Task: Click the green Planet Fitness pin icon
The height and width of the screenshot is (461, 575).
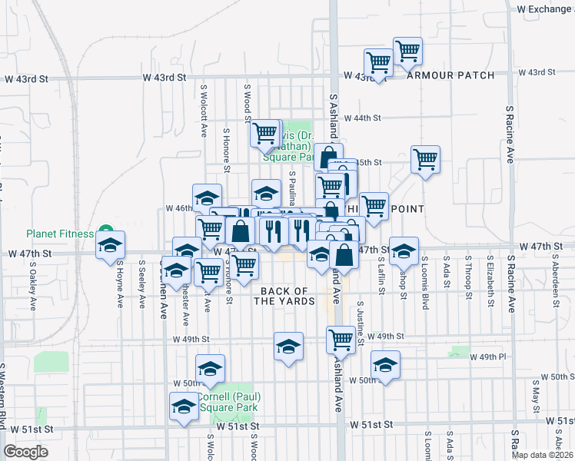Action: coord(108,233)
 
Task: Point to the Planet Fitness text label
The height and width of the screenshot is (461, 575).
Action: coord(59,234)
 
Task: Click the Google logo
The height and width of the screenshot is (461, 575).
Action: coord(25,452)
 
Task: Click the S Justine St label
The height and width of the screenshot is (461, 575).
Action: coord(360,323)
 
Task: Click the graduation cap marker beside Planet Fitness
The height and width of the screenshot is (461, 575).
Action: coord(110,245)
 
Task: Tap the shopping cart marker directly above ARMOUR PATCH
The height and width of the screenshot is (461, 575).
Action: coord(407,51)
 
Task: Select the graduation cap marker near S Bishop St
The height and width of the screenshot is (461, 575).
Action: coord(404,250)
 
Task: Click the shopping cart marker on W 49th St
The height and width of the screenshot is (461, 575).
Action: coord(341,339)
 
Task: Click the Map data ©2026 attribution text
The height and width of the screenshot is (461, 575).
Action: coord(543,454)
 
